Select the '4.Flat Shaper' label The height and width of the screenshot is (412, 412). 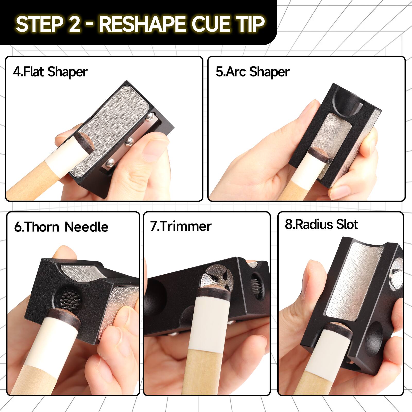50,72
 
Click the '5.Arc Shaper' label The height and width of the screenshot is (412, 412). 253,72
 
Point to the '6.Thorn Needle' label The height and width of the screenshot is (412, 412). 61,227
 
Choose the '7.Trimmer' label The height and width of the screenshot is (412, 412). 181,226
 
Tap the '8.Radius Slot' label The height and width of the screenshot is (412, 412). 321,224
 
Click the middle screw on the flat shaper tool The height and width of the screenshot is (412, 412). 129,141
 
